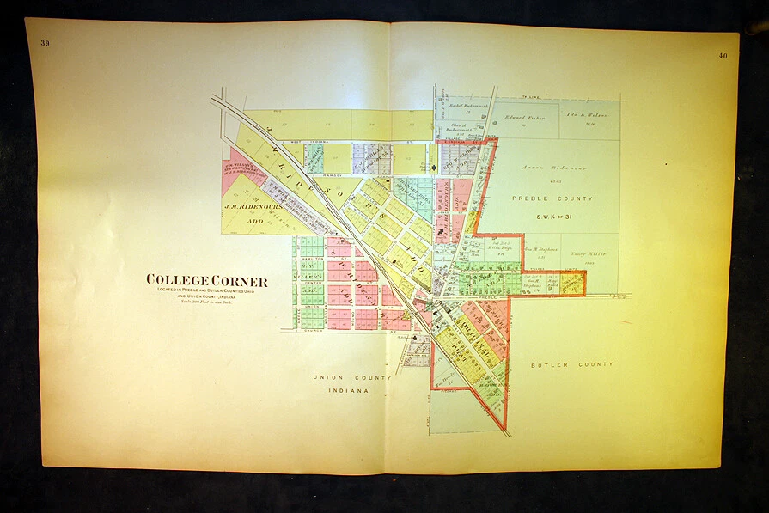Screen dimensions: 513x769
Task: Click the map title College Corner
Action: [x=206, y=281]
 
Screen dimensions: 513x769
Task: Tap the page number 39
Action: [x=45, y=42]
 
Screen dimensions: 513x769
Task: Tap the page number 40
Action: [x=723, y=56]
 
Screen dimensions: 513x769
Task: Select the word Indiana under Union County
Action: [x=350, y=390]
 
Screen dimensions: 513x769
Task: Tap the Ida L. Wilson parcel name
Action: [x=587, y=114]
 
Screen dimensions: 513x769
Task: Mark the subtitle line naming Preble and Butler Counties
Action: [x=206, y=290]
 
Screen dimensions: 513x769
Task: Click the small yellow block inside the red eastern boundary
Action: [x=572, y=284]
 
